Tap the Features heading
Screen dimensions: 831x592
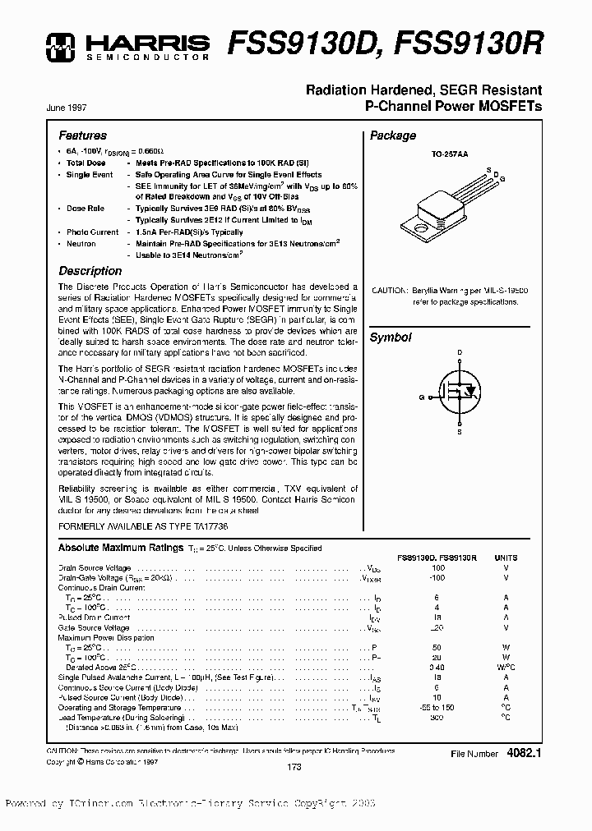pos(82,135)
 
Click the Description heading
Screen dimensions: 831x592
pos(90,271)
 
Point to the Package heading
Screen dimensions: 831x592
pos(392,135)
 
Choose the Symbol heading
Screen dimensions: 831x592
pos(390,337)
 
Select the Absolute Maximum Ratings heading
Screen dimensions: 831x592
pos(120,548)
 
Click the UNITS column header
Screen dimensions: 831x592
pos(506,558)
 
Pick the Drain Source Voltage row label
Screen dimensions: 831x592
pos(94,568)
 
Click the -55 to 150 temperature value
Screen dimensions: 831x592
pos(437,707)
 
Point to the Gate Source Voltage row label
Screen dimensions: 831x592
pos(93,627)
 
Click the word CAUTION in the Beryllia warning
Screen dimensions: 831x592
pos(388,291)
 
